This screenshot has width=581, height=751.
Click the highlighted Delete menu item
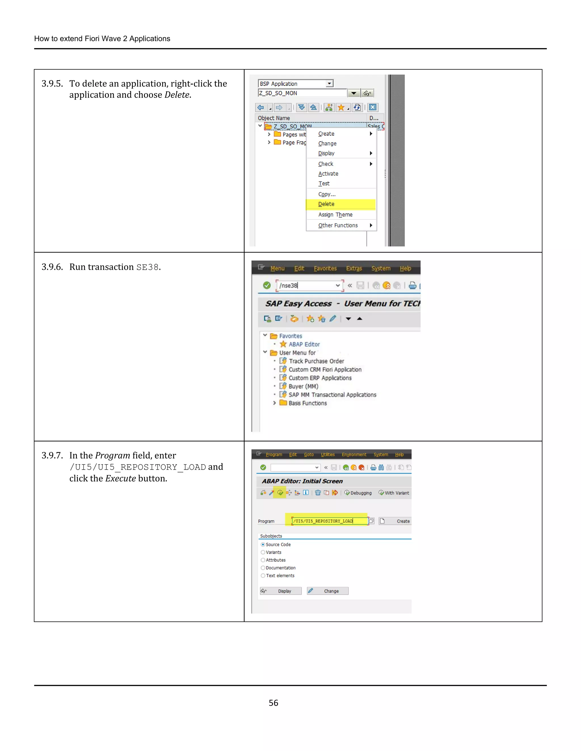(x=326, y=204)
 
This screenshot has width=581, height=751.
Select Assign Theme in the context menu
(x=335, y=215)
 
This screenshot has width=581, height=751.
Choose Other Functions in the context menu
(x=338, y=225)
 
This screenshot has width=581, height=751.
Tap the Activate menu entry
(x=328, y=174)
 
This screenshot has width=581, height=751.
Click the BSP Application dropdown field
(x=295, y=84)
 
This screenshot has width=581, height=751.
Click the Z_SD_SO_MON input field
(x=302, y=93)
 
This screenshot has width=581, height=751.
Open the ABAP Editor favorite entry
(x=304, y=344)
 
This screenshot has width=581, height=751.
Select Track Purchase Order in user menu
(x=316, y=361)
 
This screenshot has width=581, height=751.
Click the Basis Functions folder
(x=307, y=403)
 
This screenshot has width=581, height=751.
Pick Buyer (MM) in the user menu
(x=303, y=386)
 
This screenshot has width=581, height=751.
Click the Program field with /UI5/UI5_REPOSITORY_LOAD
(x=329, y=521)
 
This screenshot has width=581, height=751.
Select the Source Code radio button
(x=263, y=544)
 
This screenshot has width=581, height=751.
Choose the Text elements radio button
(x=263, y=576)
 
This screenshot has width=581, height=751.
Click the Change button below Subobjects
(x=328, y=591)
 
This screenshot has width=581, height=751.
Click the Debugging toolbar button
(x=358, y=493)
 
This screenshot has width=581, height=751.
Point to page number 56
(x=273, y=703)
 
